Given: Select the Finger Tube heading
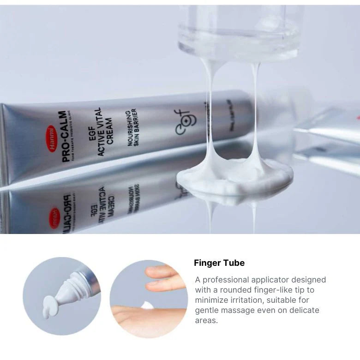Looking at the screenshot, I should [219, 263].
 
